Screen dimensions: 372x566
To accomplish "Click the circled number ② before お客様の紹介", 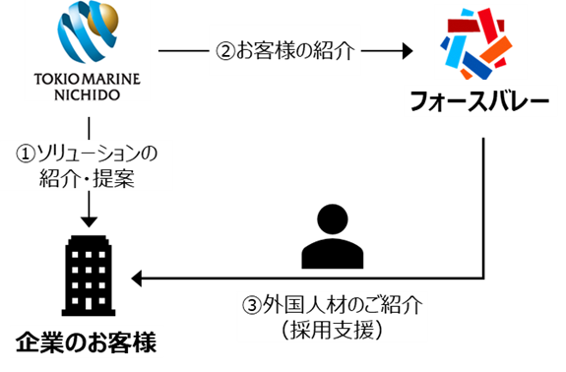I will tap(224, 50).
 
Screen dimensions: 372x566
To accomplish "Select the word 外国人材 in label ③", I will tap(298, 305).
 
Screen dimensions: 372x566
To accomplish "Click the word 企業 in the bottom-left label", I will tap(38, 343).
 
